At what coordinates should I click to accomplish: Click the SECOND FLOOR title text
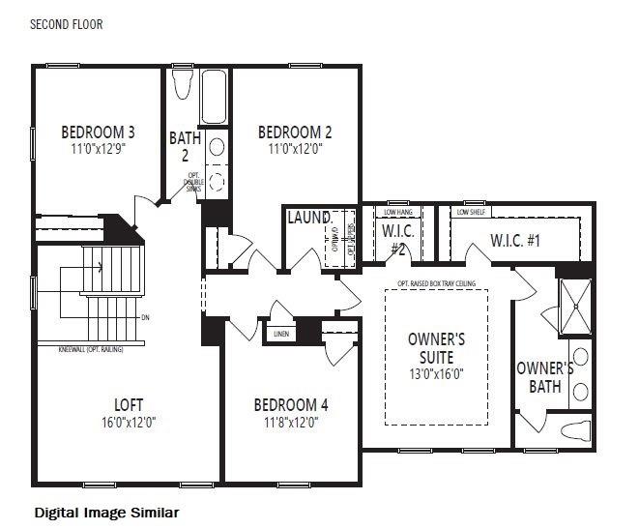[67, 24]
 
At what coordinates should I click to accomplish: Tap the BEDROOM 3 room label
[98, 132]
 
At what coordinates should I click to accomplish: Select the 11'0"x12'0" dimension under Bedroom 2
[295, 150]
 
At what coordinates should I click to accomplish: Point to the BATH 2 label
[185, 146]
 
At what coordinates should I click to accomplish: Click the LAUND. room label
[309, 218]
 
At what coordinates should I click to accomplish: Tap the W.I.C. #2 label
[398, 238]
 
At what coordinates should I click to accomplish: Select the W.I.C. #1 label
[516, 240]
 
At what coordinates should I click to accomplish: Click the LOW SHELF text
[471, 212]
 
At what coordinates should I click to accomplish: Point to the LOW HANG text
[398, 212]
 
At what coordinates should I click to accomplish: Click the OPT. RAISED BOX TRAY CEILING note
[437, 283]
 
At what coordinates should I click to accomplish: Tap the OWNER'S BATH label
[544, 377]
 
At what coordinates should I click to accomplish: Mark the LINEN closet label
[282, 334]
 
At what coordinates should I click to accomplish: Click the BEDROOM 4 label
[291, 405]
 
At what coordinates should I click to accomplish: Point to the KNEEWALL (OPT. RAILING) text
[91, 346]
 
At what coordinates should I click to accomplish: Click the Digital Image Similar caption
[106, 512]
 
